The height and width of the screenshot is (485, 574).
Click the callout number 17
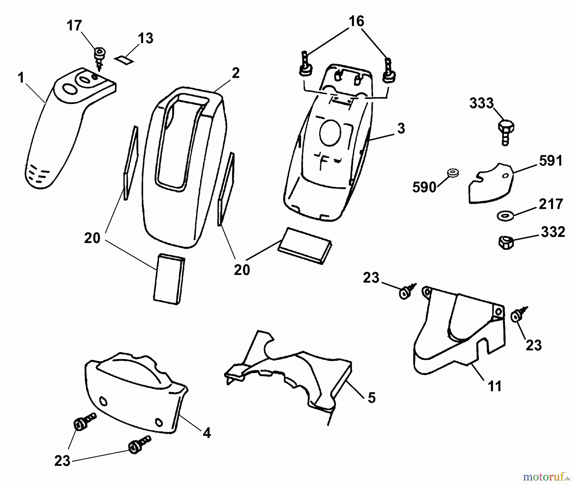pyautogui.click(x=74, y=26)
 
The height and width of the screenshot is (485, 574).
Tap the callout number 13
pyautogui.click(x=145, y=38)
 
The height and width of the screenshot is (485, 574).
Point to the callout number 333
pyautogui.click(x=481, y=103)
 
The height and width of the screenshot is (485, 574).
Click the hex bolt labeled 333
pyautogui.click(x=505, y=131)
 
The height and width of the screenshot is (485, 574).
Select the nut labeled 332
pyautogui.click(x=505, y=242)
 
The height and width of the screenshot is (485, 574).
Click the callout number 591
pyautogui.click(x=551, y=161)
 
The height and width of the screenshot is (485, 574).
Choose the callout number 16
pyautogui.click(x=357, y=21)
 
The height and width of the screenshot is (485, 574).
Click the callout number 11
pyautogui.click(x=495, y=386)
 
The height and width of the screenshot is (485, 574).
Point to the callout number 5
pyautogui.click(x=372, y=398)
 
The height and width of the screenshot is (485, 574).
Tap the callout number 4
pyautogui.click(x=207, y=433)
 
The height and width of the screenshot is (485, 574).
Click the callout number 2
pyautogui.click(x=235, y=73)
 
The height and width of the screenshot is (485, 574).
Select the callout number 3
pyautogui.click(x=401, y=129)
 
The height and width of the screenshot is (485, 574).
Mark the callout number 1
pyautogui.click(x=21, y=77)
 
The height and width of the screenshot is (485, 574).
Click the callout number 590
pyautogui.click(x=424, y=187)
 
